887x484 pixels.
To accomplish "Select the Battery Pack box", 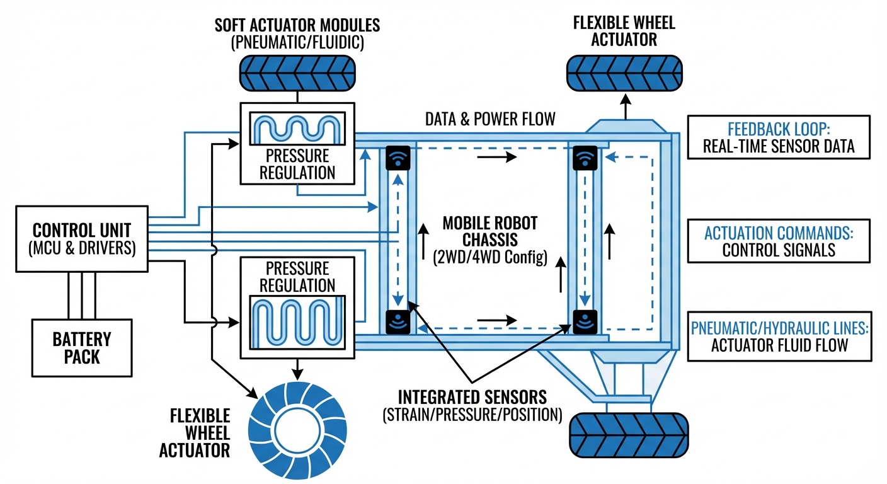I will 82,347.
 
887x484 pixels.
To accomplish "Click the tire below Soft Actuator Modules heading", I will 297,73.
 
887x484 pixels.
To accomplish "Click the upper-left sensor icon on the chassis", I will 398,158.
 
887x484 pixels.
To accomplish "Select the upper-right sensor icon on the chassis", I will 585,158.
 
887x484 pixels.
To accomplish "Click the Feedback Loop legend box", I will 779,137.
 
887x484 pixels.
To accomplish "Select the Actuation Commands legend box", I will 779,240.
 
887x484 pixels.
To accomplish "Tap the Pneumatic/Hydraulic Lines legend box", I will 779,335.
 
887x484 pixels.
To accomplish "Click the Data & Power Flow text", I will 490,119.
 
